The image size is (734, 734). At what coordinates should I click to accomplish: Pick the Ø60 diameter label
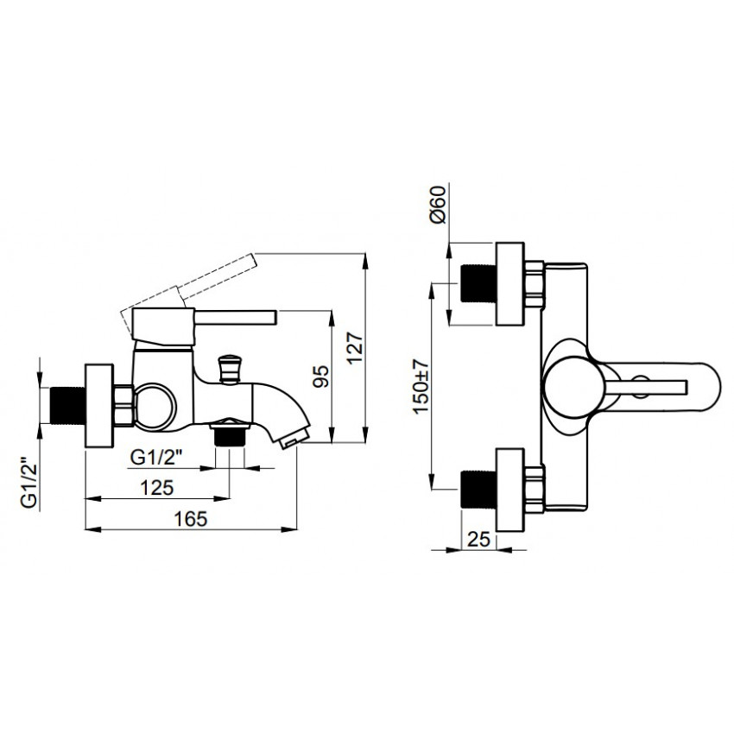[x=437, y=204]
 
